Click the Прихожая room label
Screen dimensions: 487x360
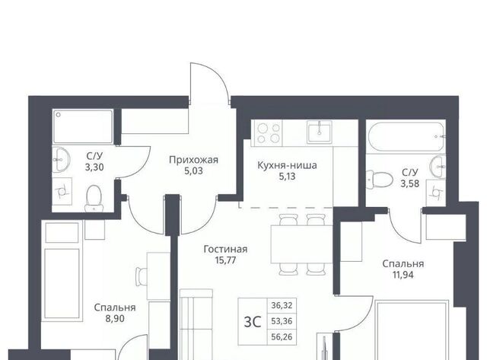click(x=193, y=160)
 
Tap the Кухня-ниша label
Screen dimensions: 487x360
click(x=287, y=165)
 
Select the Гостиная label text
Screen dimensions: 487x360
click(x=225, y=249)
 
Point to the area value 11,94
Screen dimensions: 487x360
click(x=403, y=275)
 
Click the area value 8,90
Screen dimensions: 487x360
click(x=115, y=318)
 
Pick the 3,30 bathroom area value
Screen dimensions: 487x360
click(x=94, y=167)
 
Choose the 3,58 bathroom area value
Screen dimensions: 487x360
click(x=410, y=183)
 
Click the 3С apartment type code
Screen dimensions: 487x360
click(x=253, y=322)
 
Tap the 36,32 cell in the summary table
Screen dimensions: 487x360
click(x=282, y=306)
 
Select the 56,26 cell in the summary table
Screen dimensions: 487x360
click(x=282, y=337)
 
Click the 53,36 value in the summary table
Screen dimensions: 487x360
click(x=282, y=321)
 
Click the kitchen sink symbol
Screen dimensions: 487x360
click(x=320, y=132)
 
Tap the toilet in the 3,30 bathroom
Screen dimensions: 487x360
click(x=94, y=198)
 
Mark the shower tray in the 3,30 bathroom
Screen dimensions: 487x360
click(x=83, y=126)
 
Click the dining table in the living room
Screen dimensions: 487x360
click(x=301, y=244)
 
